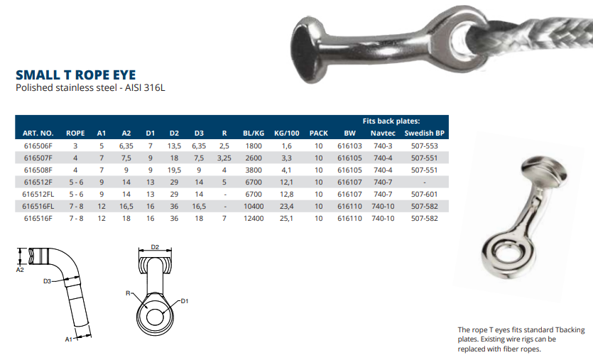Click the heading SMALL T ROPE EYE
click(x=75, y=75)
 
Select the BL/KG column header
click(x=253, y=133)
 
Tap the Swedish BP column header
click(x=424, y=133)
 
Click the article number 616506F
click(x=38, y=146)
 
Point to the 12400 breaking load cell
click(x=254, y=218)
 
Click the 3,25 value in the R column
click(x=224, y=158)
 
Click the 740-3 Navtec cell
click(x=383, y=146)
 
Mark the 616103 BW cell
click(x=349, y=146)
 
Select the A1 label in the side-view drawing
click(x=70, y=340)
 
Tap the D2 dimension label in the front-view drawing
click(x=156, y=248)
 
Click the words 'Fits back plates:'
click(x=391, y=121)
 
